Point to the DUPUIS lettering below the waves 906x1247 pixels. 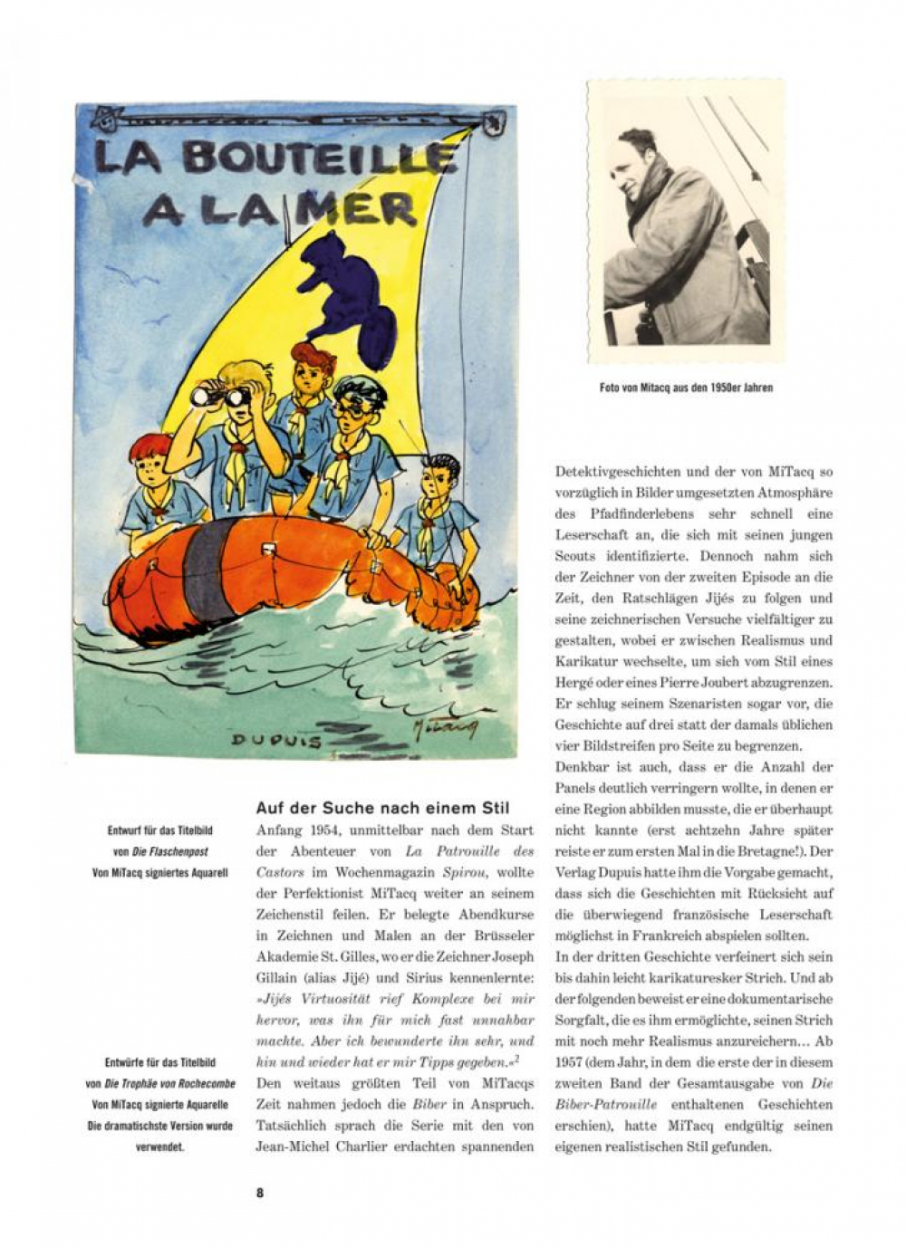(276, 739)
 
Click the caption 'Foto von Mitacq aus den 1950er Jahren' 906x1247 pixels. (686, 388)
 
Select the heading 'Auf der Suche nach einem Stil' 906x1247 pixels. (382, 808)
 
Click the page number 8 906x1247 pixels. (260, 1193)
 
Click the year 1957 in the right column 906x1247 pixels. (571, 1061)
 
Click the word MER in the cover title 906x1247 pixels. (361, 210)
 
